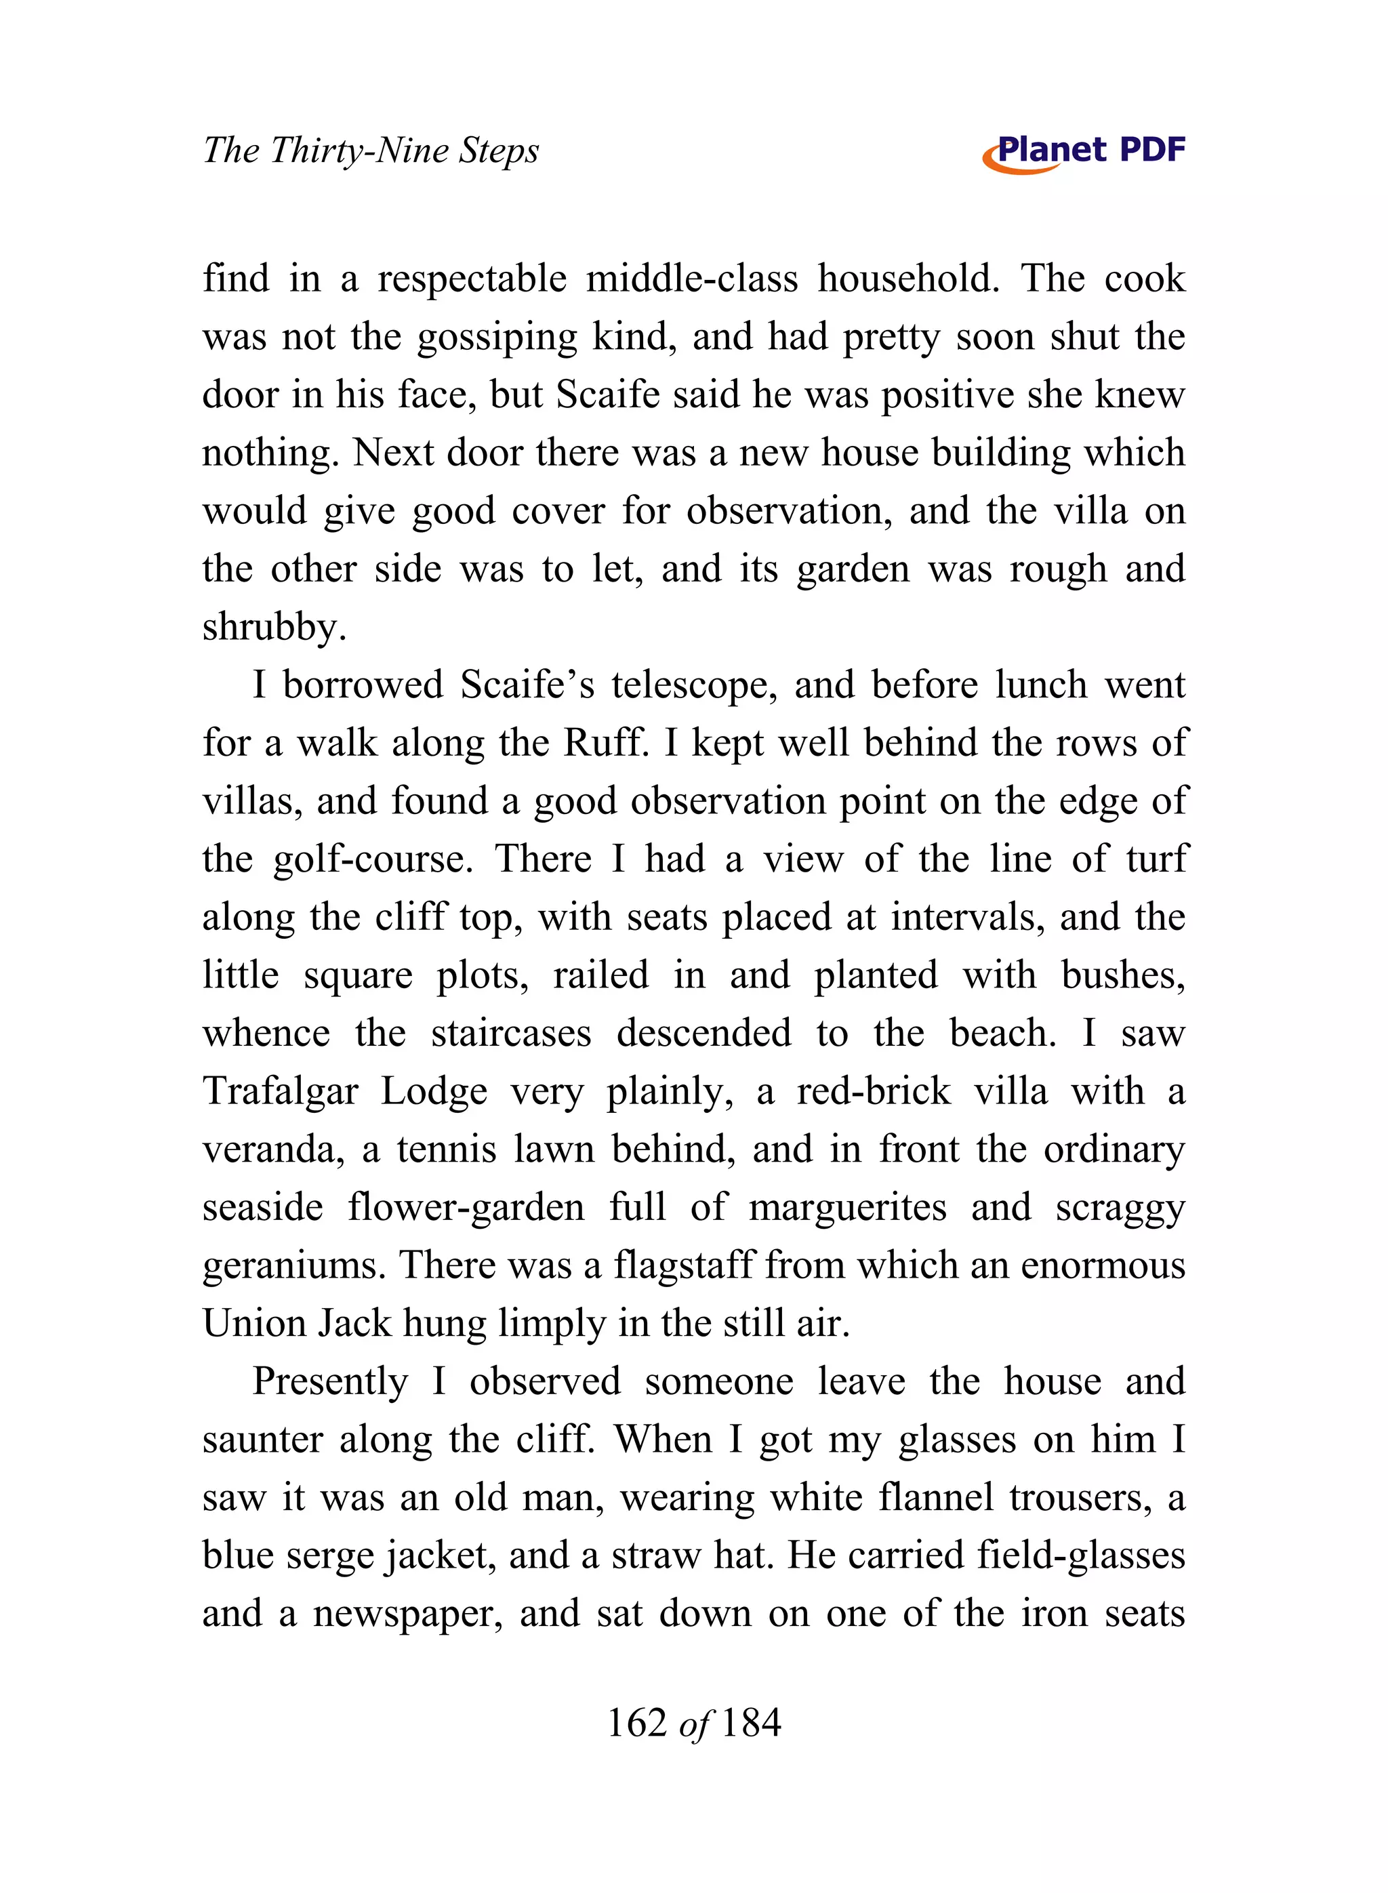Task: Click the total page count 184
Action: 751,1722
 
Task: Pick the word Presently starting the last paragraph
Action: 330,1382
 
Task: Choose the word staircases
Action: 511,1034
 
